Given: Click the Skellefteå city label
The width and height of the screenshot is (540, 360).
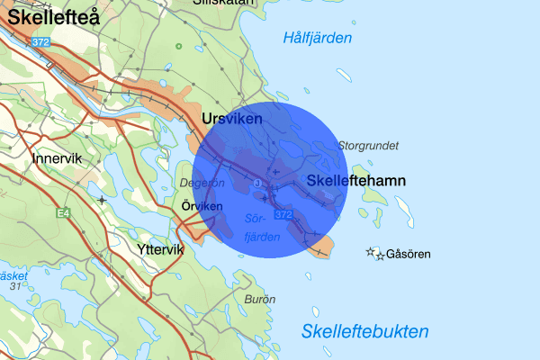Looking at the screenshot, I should click(52, 17).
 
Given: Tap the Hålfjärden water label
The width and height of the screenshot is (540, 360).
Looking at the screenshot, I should click(317, 38).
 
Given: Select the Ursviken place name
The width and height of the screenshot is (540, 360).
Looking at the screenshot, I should click(232, 119).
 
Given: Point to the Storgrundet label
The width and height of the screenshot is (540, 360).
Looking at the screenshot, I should click(367, 145).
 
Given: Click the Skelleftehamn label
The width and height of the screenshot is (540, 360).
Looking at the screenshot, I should click(356, 181).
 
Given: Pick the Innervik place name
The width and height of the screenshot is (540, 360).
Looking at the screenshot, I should click(57, 158).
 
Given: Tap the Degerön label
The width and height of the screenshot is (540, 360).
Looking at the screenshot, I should click(202, 183).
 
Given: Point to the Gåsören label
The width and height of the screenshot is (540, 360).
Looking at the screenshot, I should click(408, 255).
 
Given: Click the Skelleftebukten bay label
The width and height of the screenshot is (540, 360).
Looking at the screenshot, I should click(365, 330).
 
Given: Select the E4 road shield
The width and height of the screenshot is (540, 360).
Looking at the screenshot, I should click(63, 213).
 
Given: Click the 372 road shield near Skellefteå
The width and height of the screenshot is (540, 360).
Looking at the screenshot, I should click(39, 42).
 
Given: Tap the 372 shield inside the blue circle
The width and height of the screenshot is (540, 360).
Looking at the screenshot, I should click(283, 215).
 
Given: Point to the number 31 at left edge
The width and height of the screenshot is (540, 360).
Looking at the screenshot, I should click(15, 286).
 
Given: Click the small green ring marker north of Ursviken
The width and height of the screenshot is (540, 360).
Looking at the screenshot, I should click(178, 46).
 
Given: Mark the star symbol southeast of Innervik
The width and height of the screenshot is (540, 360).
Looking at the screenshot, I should click(103, 199).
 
